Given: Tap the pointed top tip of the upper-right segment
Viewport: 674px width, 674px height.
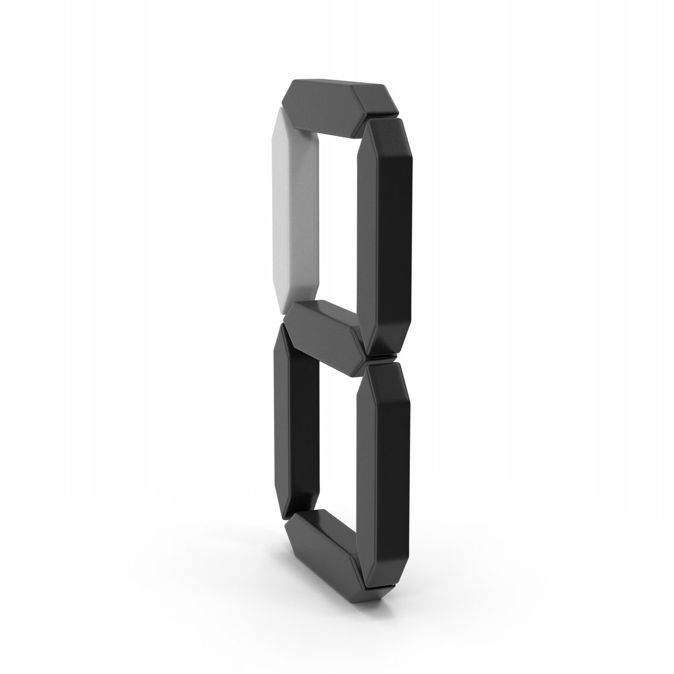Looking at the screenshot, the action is click(384, 117).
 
